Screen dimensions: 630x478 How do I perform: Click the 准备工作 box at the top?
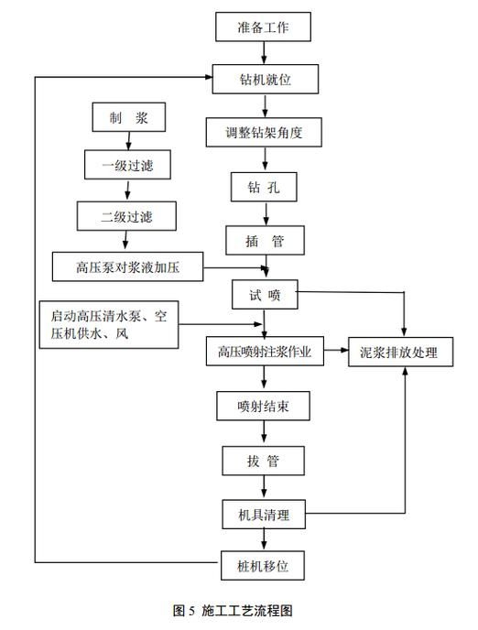264,27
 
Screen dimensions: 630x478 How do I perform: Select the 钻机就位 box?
265,80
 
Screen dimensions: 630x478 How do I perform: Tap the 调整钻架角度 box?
265,133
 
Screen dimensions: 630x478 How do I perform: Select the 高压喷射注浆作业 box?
265,352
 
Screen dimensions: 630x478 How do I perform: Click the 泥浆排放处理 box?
400,352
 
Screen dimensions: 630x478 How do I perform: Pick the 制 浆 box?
128,117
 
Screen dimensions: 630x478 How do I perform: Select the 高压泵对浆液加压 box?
127,267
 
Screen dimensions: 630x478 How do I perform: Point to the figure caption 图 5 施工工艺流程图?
238,611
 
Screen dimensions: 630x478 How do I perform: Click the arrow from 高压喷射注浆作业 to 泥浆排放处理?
336,352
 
